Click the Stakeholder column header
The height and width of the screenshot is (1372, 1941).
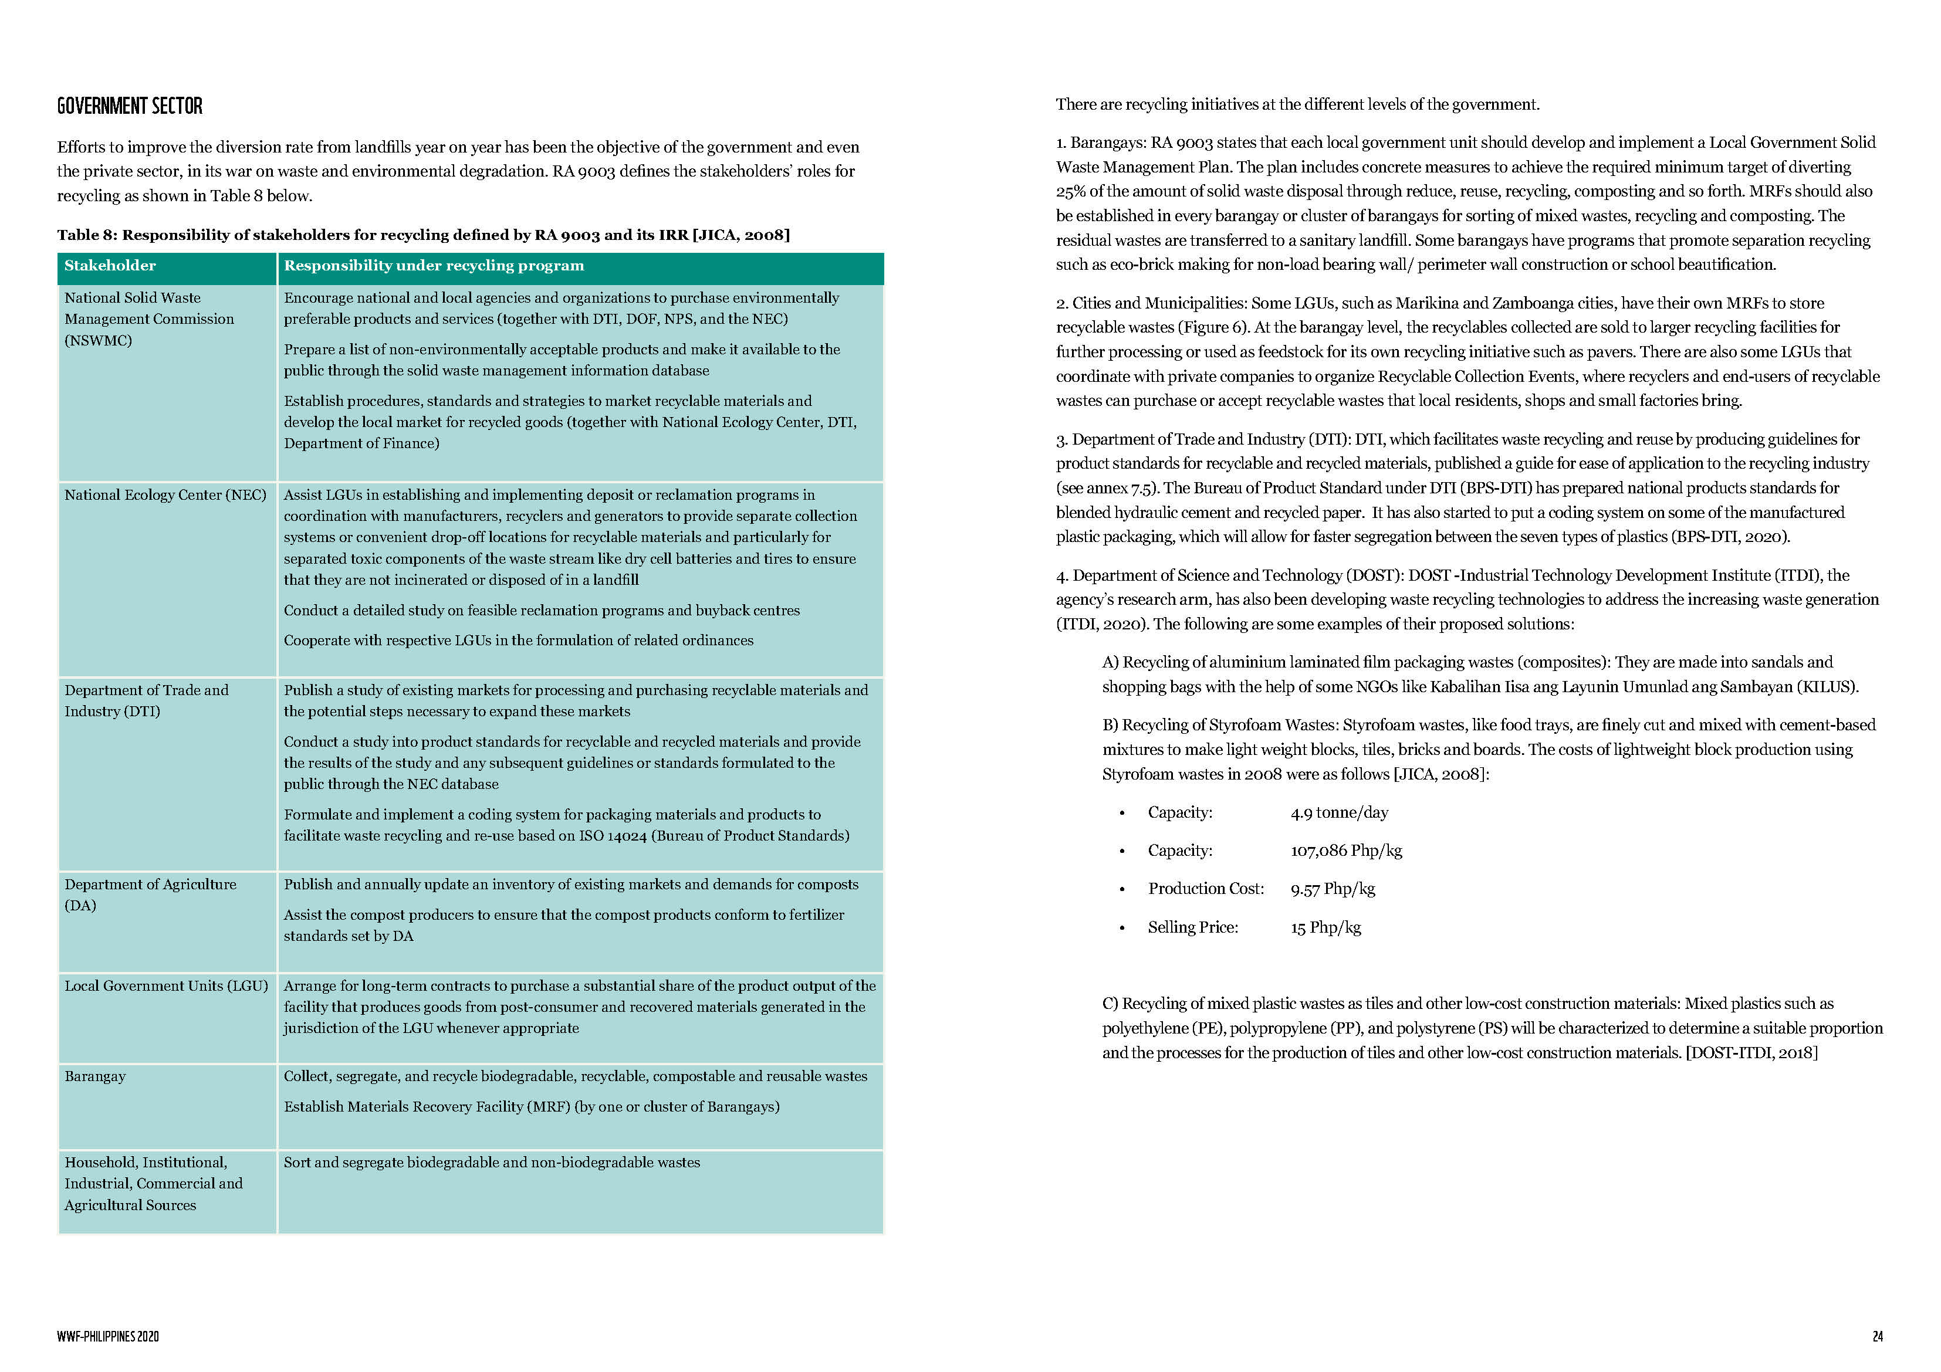[110, 266]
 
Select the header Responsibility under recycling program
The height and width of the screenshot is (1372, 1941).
[434, 266]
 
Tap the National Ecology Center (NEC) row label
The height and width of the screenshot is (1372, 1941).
[165, 494]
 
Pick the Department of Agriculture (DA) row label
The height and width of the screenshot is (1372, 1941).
[150, 895]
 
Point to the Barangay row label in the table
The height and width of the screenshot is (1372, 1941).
[94, 1076]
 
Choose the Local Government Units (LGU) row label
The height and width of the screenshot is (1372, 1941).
[165, 985]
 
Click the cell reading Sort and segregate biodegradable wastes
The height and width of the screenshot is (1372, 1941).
[491, 1163]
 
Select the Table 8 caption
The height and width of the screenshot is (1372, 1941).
[422, 235]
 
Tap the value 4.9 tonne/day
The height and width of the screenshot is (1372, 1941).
[1339, 812]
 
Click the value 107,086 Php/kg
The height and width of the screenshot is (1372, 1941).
[1346, 851]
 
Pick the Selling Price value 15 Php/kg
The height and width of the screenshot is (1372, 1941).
[1325, 927]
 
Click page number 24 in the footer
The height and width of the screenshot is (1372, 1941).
[1877, 1336]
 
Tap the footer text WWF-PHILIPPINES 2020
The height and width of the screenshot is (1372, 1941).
[107, 1336]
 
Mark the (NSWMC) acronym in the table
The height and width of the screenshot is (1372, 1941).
[98, 340]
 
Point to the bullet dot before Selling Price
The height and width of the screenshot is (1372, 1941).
[1122, 928]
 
